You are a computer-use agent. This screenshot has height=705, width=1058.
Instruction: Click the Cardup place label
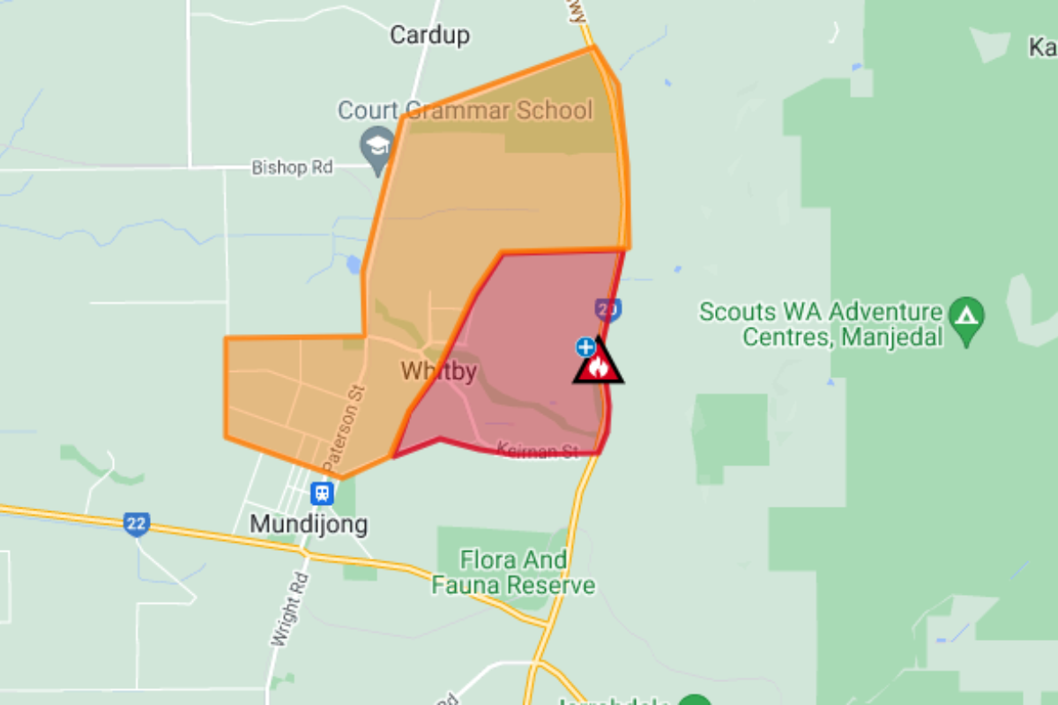(429, 35)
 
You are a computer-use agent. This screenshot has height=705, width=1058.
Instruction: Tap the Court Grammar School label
(466, 111)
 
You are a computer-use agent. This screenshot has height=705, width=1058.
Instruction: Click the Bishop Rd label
(293, 167)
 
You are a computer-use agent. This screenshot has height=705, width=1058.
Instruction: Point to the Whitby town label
(438, 371)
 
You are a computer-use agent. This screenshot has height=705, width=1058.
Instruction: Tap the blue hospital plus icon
(585, 346)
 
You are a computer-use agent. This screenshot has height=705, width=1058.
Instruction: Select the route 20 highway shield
(607, 309)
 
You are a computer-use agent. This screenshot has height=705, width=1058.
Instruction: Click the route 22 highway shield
(136, 523)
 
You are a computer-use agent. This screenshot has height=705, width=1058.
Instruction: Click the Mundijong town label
(309, 524)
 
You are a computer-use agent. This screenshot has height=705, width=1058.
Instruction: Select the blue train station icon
(322, 493)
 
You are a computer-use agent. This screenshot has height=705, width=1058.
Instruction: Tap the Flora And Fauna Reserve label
(513, 572)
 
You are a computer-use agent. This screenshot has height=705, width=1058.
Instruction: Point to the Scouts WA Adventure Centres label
(820, 323)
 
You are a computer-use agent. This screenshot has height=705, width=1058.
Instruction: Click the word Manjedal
(892, 337)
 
